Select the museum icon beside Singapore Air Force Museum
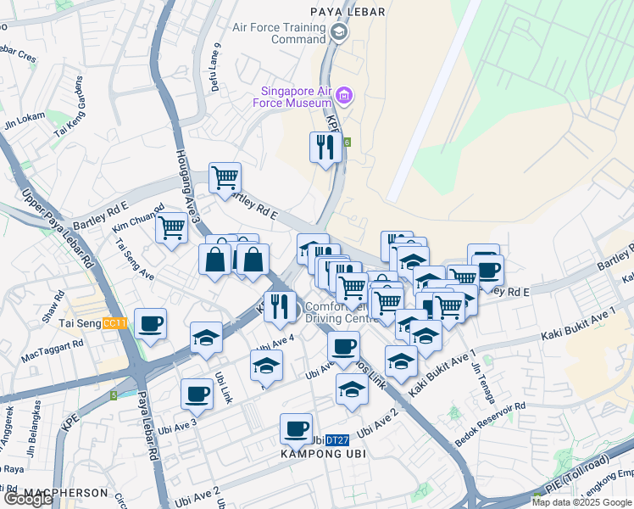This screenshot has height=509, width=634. coord(344,95)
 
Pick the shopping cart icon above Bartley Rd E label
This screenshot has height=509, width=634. coord(225,178)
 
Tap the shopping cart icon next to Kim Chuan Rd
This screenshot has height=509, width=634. coord(172,227)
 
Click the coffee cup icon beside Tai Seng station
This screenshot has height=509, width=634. coord(151,323)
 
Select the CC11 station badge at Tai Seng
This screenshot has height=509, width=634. coord(114,323)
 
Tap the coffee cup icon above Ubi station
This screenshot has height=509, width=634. coord(296,428)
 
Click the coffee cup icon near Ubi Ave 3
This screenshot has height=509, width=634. coord(197,394)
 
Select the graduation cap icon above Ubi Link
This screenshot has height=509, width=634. coord(206,338)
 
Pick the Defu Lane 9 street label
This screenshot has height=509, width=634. coord(216,67)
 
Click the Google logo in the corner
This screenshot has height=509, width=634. coord(28,499)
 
